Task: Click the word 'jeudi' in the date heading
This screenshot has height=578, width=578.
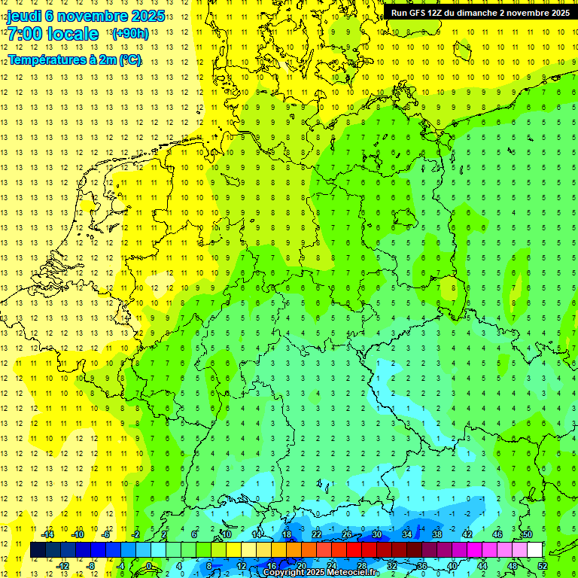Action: (x=23, y=16)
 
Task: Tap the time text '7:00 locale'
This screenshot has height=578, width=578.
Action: (x=53, y=34)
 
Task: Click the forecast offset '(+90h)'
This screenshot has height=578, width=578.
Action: (x=129, y=34)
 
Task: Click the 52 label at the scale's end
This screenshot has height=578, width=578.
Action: (x=543, y=565)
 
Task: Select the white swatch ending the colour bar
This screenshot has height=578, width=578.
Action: (x=534, y=550)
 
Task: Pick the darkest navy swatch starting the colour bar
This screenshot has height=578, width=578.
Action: (x=38, y=550)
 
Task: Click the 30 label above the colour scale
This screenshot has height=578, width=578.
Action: (x=377, y=534)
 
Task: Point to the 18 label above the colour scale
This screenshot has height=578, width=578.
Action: (x=287, y=534)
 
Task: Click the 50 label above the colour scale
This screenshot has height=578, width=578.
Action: (x=527, y=534)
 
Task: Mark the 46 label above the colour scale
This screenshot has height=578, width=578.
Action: (x=497, y=534)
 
